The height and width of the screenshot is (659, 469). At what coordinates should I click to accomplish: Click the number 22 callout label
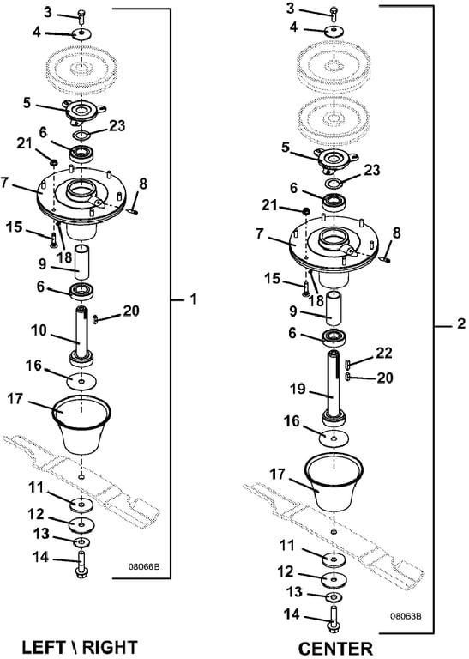click(383, 353)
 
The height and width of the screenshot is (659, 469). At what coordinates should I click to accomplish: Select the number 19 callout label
click(298, 389)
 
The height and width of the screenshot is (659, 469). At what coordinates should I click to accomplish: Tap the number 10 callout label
click(39, 329)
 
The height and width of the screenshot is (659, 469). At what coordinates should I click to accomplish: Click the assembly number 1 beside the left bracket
click(193, 299)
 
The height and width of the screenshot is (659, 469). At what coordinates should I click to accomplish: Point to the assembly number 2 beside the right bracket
click(460, 323)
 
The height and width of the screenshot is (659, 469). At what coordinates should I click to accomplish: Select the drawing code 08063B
click(406, 617)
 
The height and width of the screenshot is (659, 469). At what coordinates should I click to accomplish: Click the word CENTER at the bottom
click(335, 649)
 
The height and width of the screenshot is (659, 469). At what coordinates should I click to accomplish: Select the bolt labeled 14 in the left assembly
click(81, 566)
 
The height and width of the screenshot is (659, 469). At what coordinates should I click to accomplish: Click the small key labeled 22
click(347, 363)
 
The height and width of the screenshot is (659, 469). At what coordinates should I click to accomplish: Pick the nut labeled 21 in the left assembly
click(53, 161)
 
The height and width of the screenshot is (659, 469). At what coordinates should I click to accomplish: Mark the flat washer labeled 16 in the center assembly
click(334, 438)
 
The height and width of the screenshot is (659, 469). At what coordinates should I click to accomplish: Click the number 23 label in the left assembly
click(117, 124)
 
